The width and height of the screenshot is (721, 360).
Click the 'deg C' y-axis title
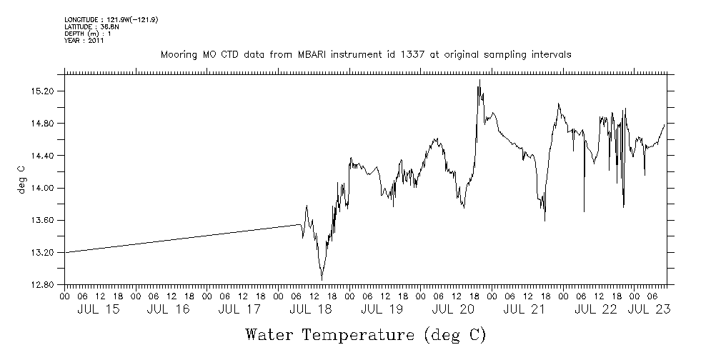tap(21, 179)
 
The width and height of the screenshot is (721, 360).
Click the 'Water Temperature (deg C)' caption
tap(365, 334)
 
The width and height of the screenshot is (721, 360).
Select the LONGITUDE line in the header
tap(111, 19)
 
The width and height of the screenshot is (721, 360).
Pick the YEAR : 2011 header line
tap(84, 41)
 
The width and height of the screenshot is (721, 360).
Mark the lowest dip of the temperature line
tap(322, 279)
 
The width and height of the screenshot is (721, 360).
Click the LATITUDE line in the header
tap(91, 26)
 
